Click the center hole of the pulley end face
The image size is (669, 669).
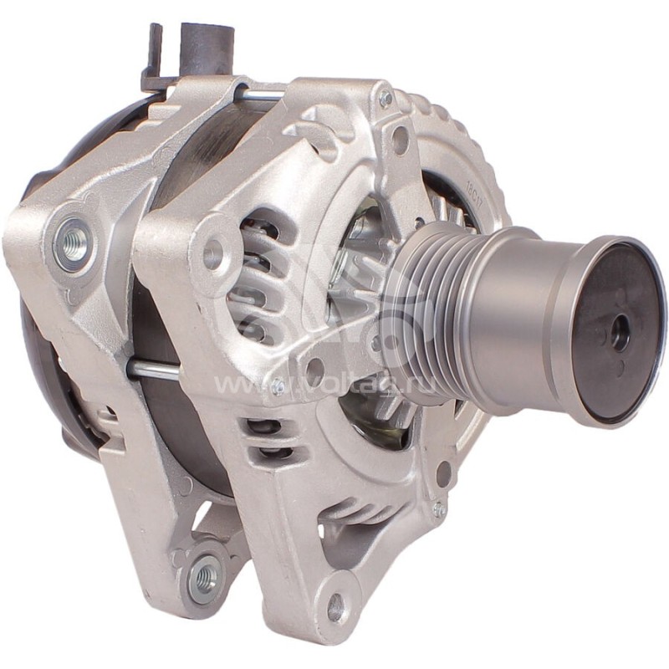point(620,334)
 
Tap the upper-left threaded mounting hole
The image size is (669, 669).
point(74,243)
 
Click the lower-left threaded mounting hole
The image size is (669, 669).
point(202,576)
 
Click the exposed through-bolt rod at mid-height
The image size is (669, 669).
point(151,369)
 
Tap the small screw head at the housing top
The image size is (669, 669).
point(386,99)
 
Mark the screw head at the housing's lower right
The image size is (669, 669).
point(437,509)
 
